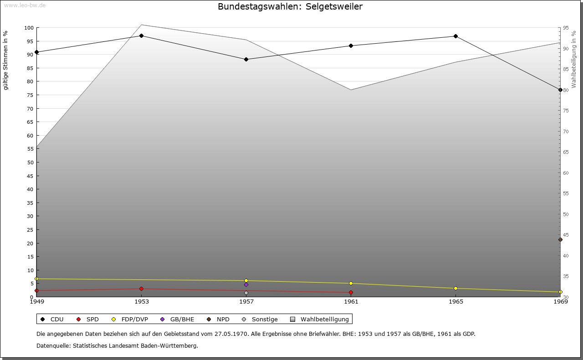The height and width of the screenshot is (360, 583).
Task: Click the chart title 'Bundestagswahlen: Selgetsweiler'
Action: (290, 6)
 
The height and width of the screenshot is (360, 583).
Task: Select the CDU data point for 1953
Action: (142, 35)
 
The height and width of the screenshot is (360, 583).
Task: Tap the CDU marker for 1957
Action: (246, 59)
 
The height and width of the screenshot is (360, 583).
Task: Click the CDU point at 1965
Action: (455, 36)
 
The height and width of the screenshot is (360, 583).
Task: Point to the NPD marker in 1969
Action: (560, 240)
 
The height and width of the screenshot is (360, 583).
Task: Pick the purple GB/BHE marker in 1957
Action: (246, 285)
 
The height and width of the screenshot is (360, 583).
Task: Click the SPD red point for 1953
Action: (142, 289)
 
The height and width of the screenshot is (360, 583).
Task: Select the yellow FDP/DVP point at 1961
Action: (351, 284)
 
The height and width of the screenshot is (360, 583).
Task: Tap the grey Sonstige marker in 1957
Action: (246, 293)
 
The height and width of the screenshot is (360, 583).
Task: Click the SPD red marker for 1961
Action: (351, 293)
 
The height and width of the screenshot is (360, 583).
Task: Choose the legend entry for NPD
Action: (219, 319)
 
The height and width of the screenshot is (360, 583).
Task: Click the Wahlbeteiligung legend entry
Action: (320, 319)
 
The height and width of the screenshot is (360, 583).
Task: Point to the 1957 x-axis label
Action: (246, 301)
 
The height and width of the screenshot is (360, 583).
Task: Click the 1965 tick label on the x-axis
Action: (455, 301)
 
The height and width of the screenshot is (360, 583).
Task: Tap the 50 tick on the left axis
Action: (30, 162)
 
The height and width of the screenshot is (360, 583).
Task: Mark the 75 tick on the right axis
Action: (565, 111)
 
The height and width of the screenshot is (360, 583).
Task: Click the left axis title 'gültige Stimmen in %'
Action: (6, 61)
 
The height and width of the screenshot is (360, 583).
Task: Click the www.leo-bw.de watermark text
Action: (25, 5)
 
